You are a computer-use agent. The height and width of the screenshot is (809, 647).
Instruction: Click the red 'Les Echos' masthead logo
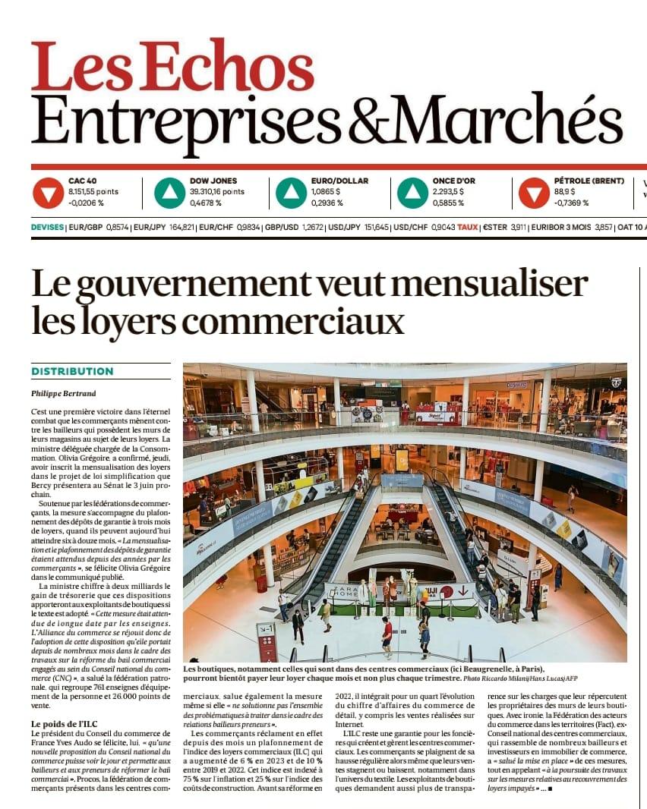click(172, 66)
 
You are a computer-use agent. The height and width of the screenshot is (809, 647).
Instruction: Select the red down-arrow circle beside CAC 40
click(48, 193)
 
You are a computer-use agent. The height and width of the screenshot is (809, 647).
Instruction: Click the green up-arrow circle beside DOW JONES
click(169, 193)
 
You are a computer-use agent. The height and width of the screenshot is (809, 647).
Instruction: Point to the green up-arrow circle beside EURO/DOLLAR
click(291, 193)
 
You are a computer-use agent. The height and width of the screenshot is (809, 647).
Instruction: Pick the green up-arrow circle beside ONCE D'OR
click(412, 193)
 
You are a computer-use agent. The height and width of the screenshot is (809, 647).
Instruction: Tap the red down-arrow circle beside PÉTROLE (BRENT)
click(534, 193)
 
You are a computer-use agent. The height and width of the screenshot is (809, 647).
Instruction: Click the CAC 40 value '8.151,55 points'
click(93, 192)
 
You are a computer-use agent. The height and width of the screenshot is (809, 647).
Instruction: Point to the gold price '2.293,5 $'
click(448, 192)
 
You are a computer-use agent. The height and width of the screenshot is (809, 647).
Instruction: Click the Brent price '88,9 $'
click(565, 192)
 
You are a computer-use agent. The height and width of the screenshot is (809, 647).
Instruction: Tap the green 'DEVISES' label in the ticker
click(48, 227)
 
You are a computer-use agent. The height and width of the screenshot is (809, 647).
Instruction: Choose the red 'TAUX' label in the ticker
click(468, 227)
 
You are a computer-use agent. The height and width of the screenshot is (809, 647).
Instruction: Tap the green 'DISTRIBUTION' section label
click(72, 372)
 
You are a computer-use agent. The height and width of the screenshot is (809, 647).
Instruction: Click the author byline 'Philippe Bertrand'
click(65, 393)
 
